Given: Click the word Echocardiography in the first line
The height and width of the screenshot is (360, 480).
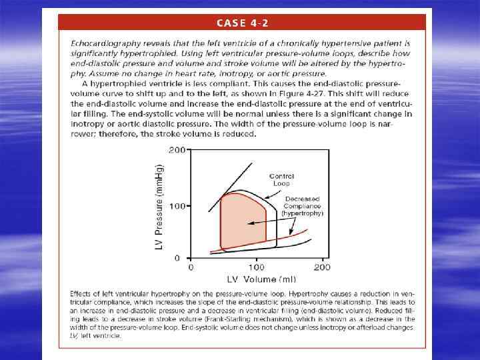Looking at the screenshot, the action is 101,43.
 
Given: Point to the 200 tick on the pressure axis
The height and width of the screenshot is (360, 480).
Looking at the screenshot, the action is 177,150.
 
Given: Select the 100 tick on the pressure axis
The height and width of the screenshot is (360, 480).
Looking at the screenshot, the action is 177,206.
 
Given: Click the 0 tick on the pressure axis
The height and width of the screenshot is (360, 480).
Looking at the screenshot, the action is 178,258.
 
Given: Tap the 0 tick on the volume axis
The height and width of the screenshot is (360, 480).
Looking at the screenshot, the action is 191,268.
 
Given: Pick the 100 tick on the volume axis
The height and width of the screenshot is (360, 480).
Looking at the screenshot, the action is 256,268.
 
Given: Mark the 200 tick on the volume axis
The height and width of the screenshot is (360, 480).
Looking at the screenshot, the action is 322,268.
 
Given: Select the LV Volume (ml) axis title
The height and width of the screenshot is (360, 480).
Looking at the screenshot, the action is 256,279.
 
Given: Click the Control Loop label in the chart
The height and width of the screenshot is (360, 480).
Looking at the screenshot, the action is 282,179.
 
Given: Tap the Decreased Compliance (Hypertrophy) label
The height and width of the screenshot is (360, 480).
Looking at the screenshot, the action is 304,206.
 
